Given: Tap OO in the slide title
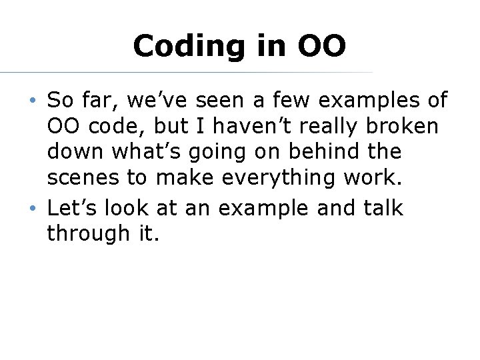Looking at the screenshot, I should tap(321, 47).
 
